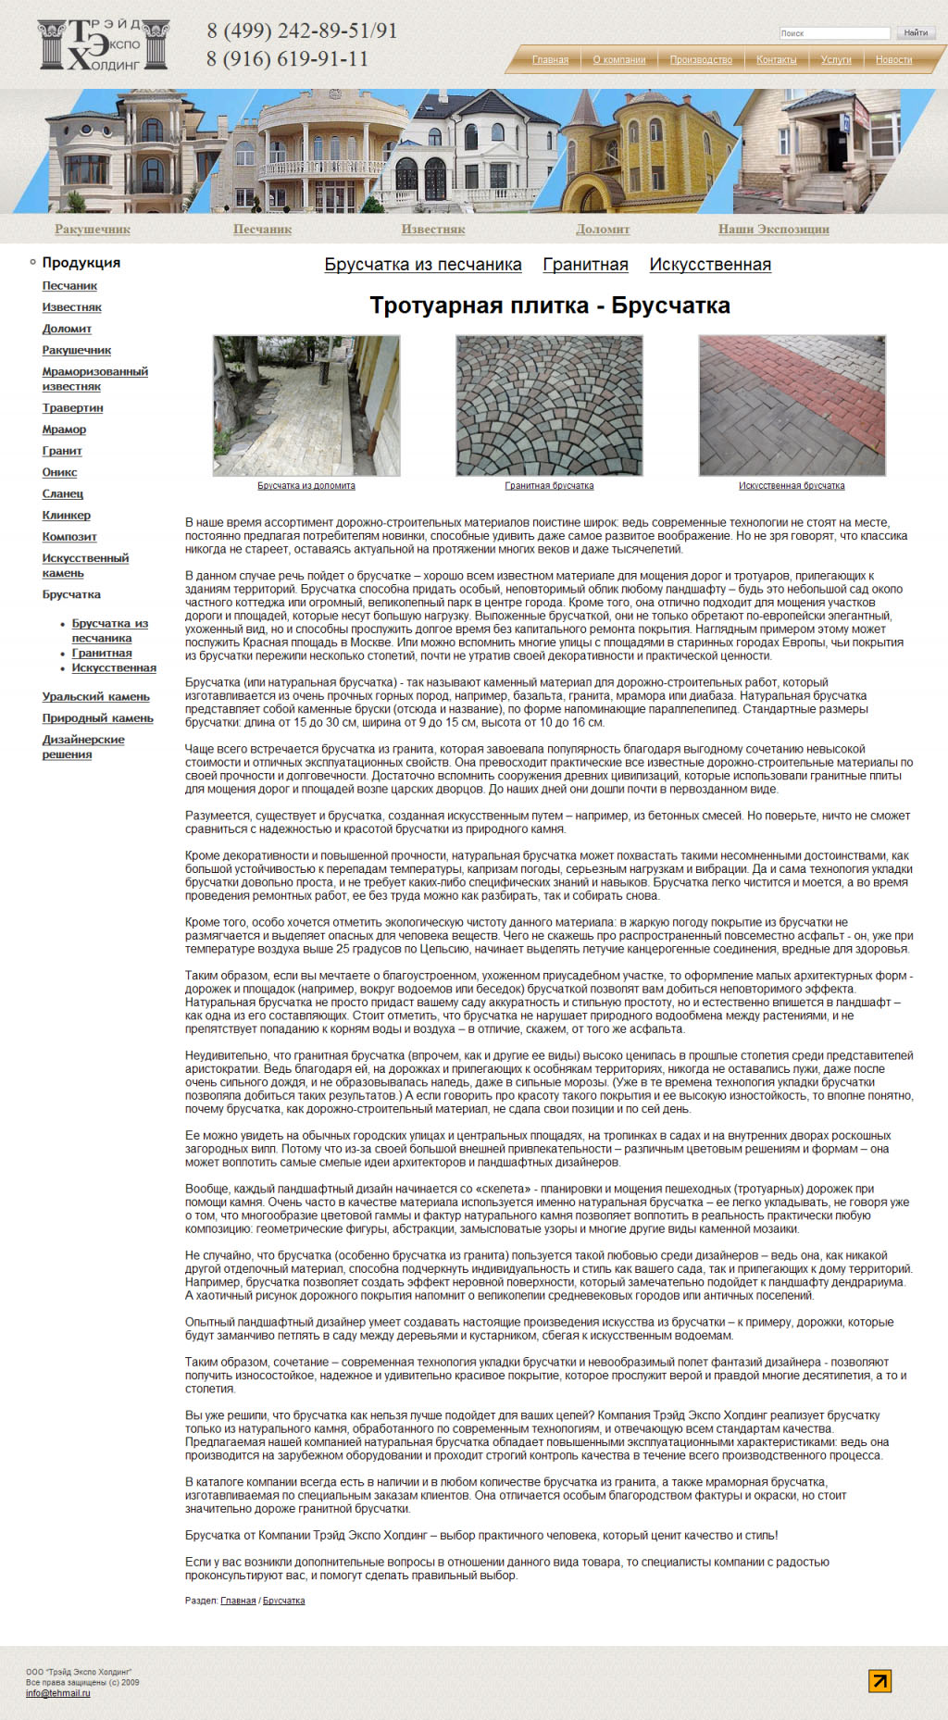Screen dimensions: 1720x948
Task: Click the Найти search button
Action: pyautogui.click(x=916, y=33)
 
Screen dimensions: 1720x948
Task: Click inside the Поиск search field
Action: pyautogui.click(x=833, y=33)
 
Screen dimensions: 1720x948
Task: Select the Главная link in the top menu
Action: pyautogui.click(x=550, y=60)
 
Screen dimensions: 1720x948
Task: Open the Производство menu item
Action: pyautogui.click(x=701, y=60)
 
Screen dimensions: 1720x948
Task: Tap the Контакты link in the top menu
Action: pyautogui.click(x=776, y=60)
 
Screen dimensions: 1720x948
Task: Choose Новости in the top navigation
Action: pyautogui.click(x=893, y=60)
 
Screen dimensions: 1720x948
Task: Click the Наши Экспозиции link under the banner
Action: pyautogui.click(x=773, y=230)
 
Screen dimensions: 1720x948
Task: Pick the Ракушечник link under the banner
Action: pyautogui.click(x=93, y=230)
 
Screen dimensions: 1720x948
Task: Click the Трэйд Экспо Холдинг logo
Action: pyautogui.click(x=104, y=44)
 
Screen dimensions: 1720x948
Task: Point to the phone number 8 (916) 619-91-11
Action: pyautogui.click(x=287, y=59)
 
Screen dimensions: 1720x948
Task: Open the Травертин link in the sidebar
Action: pyautogui.click(x=72, y=408)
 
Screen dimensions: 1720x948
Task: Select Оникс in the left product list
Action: pyautogui.click(x=59, y=472)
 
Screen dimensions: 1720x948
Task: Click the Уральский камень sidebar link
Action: pyautogui.click(x=95, y=697)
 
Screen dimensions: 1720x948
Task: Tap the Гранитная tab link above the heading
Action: pyautogui.click(x=585, y=265)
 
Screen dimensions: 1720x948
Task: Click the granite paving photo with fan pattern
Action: pyautogui.click(x=549, y=405)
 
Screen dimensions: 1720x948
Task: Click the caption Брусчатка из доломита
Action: pyautogui.click(x=306, y=486)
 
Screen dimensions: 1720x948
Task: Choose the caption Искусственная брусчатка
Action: pyautogui.click(x=792, y=486)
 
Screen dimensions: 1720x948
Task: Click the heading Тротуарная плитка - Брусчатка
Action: pyautogui.click(x=549, y=305)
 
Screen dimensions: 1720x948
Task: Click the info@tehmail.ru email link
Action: pyautogui.click(x=57, y=1693)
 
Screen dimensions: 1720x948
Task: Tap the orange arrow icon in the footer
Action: pyautogui.click(x=879, y=1680)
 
